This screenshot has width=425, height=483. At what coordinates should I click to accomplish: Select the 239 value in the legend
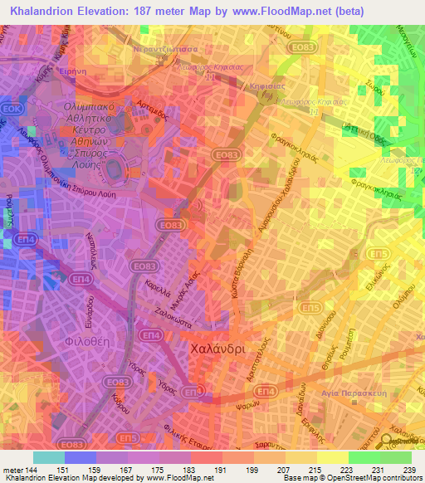point(409,471)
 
